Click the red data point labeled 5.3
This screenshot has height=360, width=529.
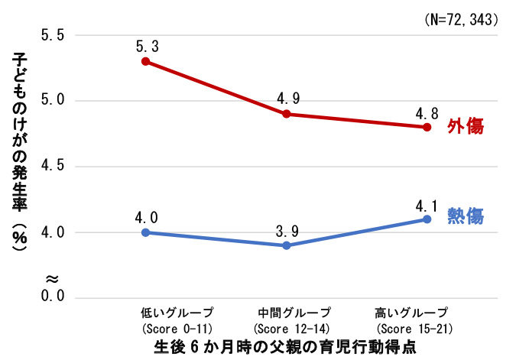click(x=145, y=61)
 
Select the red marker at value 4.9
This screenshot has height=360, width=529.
click(x=286, y=114)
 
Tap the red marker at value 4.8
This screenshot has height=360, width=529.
click(x=427, y=127)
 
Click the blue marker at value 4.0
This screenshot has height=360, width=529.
click(x=145, y=232)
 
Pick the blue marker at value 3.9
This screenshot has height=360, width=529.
click(x=286, y=245)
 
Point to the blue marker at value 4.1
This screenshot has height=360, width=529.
click(x=427, y=219)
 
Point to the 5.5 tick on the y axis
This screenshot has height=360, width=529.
click(x=52, y=35)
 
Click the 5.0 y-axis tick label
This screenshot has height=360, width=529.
click(x=52, y=101)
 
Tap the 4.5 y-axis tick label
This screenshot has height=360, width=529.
click(x=52, y=167)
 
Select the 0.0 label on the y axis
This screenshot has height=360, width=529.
click(x=52, y=297)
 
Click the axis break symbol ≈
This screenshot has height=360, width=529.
click(x=52, y=277)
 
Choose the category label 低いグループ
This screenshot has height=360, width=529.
click(x=177, y=313)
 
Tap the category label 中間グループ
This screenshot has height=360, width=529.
click(x=294, y=313)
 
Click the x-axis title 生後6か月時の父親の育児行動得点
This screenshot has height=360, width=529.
click(x=287, y=345)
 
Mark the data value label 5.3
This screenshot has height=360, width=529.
click(x=146, y=45)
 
